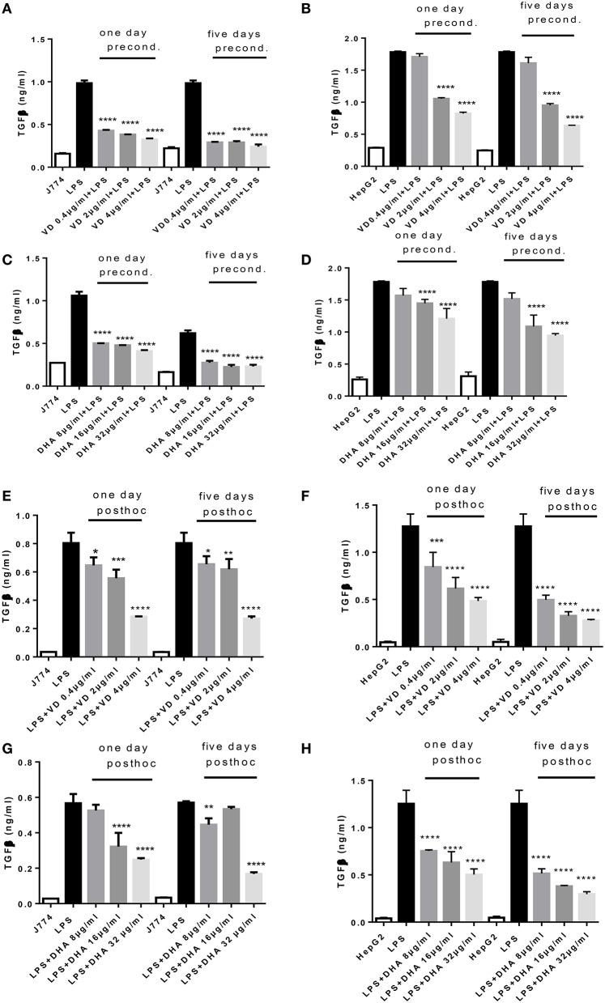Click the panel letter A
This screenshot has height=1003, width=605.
point(8,9)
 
